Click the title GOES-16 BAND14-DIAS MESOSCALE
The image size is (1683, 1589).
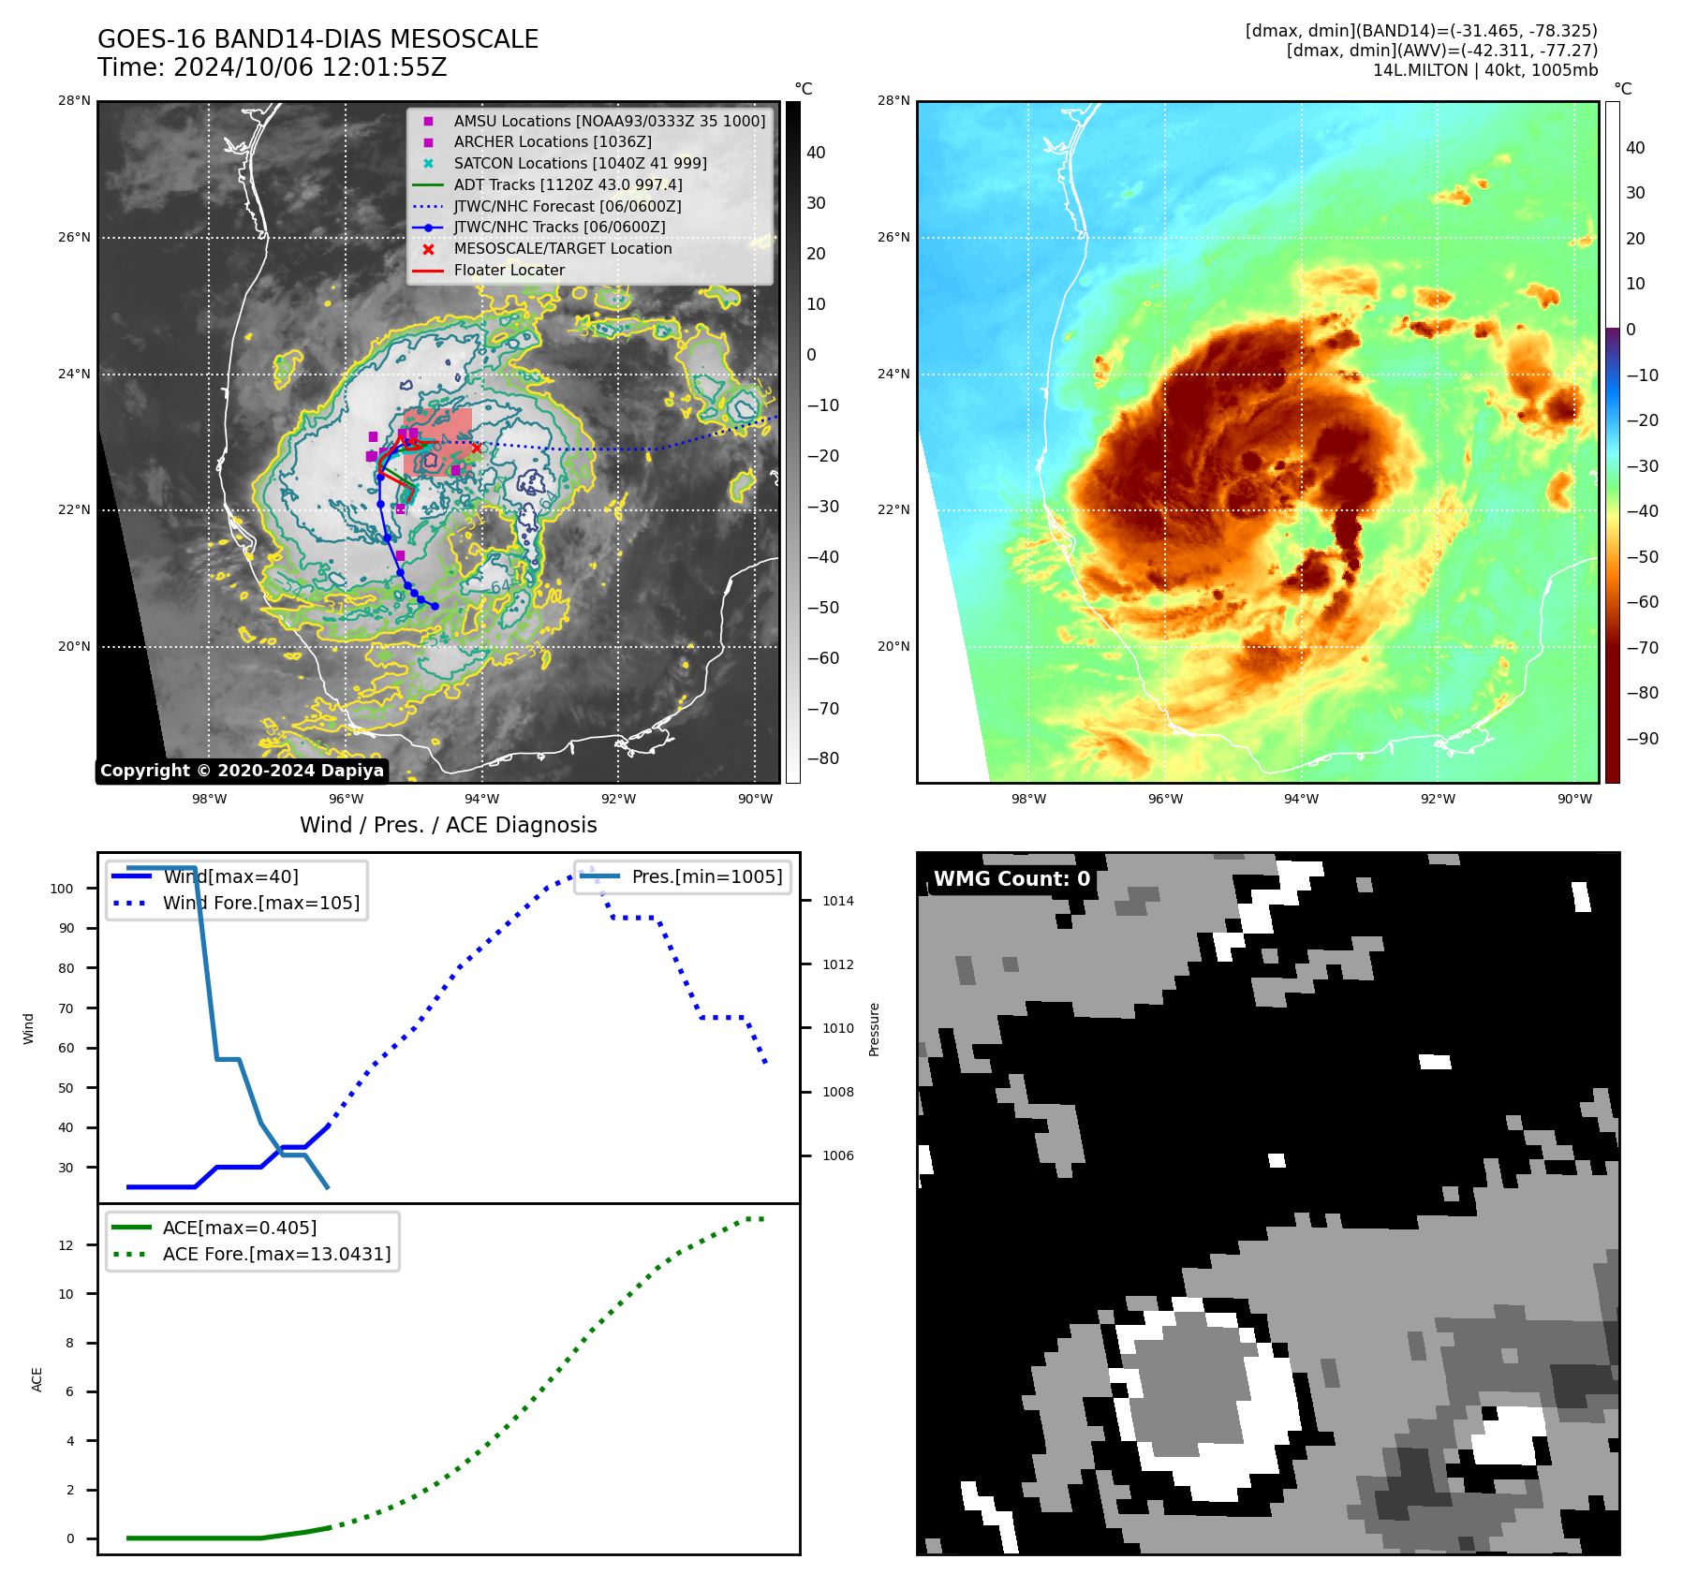317,39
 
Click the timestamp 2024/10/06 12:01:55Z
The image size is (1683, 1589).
309,68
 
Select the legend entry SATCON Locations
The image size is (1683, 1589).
580,163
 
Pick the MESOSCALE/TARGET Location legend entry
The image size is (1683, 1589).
562,249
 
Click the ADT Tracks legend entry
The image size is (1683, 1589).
568,184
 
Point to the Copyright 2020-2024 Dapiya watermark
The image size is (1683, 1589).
242,771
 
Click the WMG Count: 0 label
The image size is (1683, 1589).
1011,879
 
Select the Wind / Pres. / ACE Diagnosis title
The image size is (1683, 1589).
448,825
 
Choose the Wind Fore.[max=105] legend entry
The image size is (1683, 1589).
260,904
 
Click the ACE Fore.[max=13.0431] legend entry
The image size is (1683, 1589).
276,1254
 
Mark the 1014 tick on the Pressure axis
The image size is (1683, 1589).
838,902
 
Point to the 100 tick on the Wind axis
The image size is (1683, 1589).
62,889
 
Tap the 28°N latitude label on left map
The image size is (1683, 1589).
75,101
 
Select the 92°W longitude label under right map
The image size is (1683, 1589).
1438,800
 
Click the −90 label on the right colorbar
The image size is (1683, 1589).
1642,739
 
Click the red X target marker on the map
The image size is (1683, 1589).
476,448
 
